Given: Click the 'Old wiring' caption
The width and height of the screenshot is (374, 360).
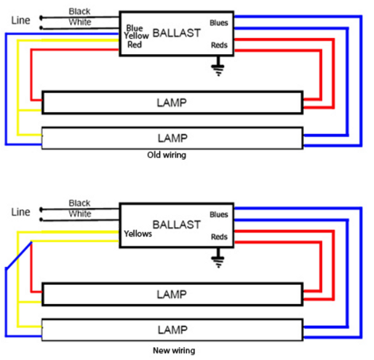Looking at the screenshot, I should pos(166,155).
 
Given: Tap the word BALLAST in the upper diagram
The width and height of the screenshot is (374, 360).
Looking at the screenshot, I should pos(177,33).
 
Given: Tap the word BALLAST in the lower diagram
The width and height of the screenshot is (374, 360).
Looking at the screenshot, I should pos(177,224).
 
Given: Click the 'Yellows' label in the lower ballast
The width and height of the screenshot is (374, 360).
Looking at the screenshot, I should pos(138,234).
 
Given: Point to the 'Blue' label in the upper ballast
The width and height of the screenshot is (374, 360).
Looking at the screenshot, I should pos(135,28).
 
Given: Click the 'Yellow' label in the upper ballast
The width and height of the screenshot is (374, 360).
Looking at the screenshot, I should pos(137,36).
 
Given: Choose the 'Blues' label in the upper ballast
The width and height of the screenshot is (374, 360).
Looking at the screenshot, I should pos(218,23).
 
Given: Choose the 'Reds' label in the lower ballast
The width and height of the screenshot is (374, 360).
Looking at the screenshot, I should pos(219,237).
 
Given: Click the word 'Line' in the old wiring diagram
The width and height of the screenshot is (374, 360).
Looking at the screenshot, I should pos(20,20).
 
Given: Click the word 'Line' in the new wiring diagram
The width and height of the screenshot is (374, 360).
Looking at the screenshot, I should pos(20,212).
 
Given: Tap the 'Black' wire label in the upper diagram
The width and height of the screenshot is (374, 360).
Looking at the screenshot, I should pos(79,12).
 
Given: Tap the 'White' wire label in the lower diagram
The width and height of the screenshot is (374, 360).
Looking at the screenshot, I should pos(80,214).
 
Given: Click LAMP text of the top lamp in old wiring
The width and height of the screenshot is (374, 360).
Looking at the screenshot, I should pos(172,102).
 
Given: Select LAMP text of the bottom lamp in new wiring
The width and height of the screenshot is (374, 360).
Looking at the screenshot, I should pos(172,329).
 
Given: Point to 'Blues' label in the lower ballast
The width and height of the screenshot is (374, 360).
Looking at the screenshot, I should pos(218,215).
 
